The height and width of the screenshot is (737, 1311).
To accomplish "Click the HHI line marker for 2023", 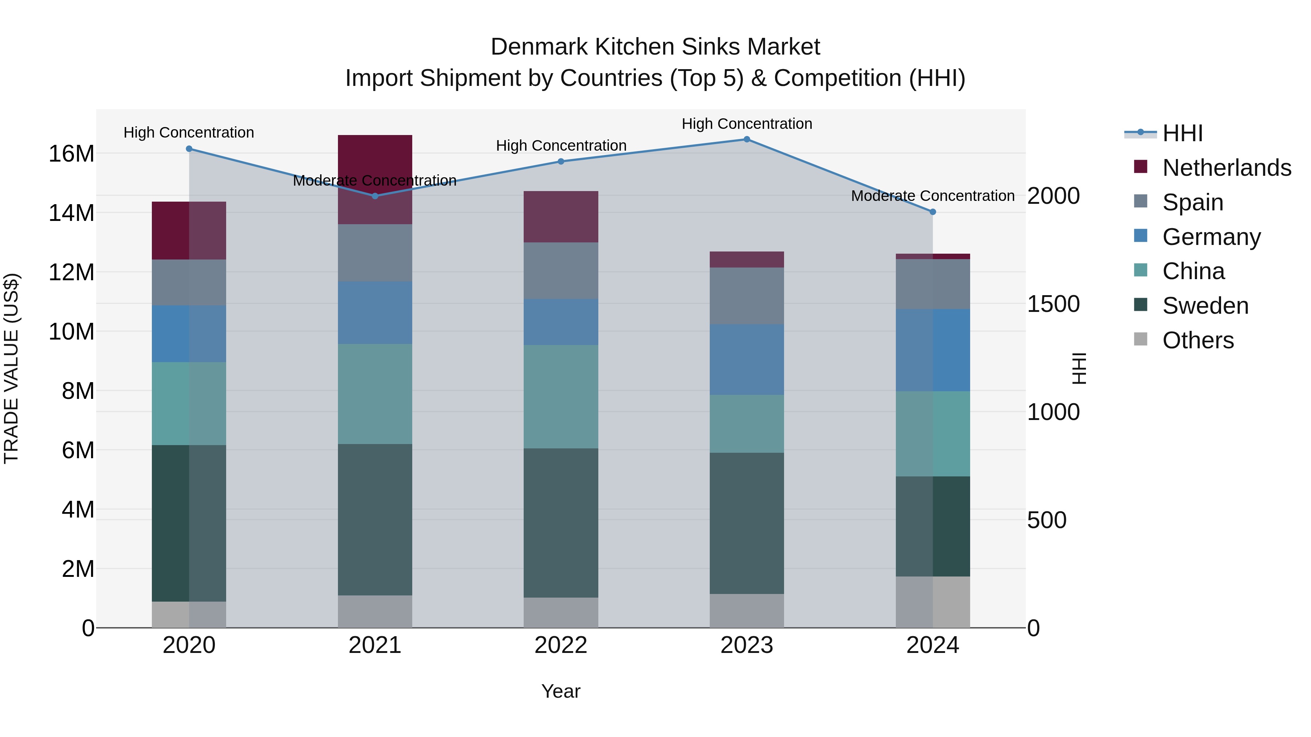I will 747,139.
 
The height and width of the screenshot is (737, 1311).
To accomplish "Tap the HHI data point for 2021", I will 375,196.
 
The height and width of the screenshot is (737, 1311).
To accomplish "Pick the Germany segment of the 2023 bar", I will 747,359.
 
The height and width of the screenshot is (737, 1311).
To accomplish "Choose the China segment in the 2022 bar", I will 561,397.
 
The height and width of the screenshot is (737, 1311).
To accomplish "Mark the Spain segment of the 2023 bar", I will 747,296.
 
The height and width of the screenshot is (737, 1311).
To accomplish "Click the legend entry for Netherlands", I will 1227,168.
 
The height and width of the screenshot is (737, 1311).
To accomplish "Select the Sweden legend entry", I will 1205,306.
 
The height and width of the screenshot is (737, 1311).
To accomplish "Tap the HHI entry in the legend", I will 1182,133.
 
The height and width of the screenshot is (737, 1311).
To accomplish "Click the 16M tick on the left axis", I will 71,154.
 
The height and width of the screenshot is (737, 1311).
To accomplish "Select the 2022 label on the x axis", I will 561,645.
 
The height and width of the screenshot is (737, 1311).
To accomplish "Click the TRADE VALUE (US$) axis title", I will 11,368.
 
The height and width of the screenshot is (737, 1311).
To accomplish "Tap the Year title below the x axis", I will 561,691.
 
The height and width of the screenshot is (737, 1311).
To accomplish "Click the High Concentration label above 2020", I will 189,133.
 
